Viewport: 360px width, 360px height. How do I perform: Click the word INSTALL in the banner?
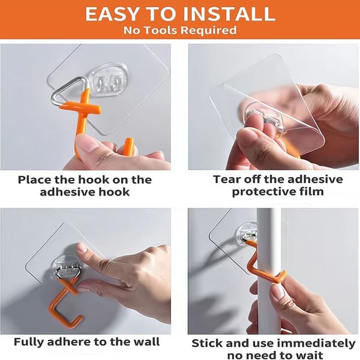coord(229,14)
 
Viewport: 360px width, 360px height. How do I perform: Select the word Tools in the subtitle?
coord(161,31)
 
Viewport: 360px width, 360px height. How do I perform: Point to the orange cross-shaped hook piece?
coord(83,108)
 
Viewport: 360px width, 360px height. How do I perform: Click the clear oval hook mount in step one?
coord(109,79)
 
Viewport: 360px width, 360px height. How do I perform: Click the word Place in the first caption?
coord(34,180)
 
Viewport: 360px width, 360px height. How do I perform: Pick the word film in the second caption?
coord(314,191)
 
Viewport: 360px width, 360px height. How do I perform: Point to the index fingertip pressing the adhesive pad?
coord(82,249)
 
